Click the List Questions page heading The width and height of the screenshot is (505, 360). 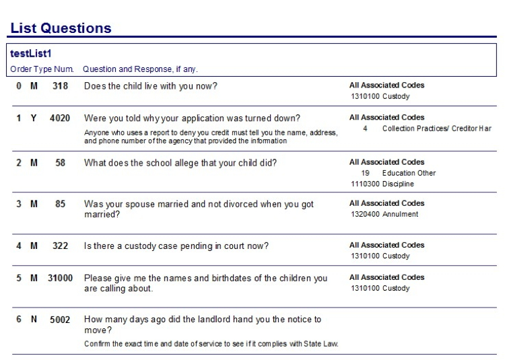[61, 28]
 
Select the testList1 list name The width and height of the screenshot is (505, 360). [30, 54]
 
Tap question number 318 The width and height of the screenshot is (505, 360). [60, 86]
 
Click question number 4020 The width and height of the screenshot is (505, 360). [60, 118]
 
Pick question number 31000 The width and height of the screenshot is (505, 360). [60, 278]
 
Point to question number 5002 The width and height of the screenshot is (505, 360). [60, 320]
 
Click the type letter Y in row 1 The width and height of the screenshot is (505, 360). [34, 118]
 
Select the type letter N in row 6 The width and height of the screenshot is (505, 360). [34, 320]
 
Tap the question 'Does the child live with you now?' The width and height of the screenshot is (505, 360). [150, 86]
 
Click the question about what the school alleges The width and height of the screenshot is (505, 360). [180, 163]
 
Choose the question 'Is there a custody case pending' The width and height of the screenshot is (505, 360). [176, 246]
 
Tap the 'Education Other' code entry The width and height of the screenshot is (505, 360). [409, 173]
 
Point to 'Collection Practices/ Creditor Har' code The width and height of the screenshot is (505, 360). [436, 129]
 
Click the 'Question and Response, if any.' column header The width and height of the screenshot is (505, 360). [140, 69]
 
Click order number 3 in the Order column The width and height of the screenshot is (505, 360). [19, 204]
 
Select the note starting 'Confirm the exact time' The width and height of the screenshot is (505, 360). [211, 344]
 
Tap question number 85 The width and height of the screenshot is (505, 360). [60, 204]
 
